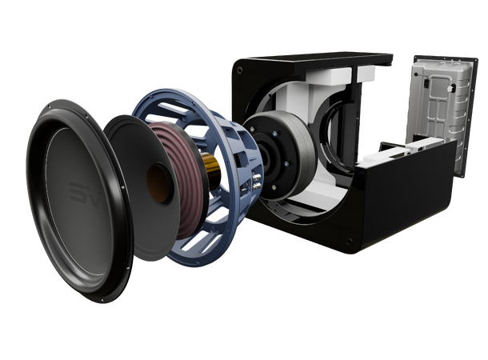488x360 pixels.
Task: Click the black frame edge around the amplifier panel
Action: point(462,120)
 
